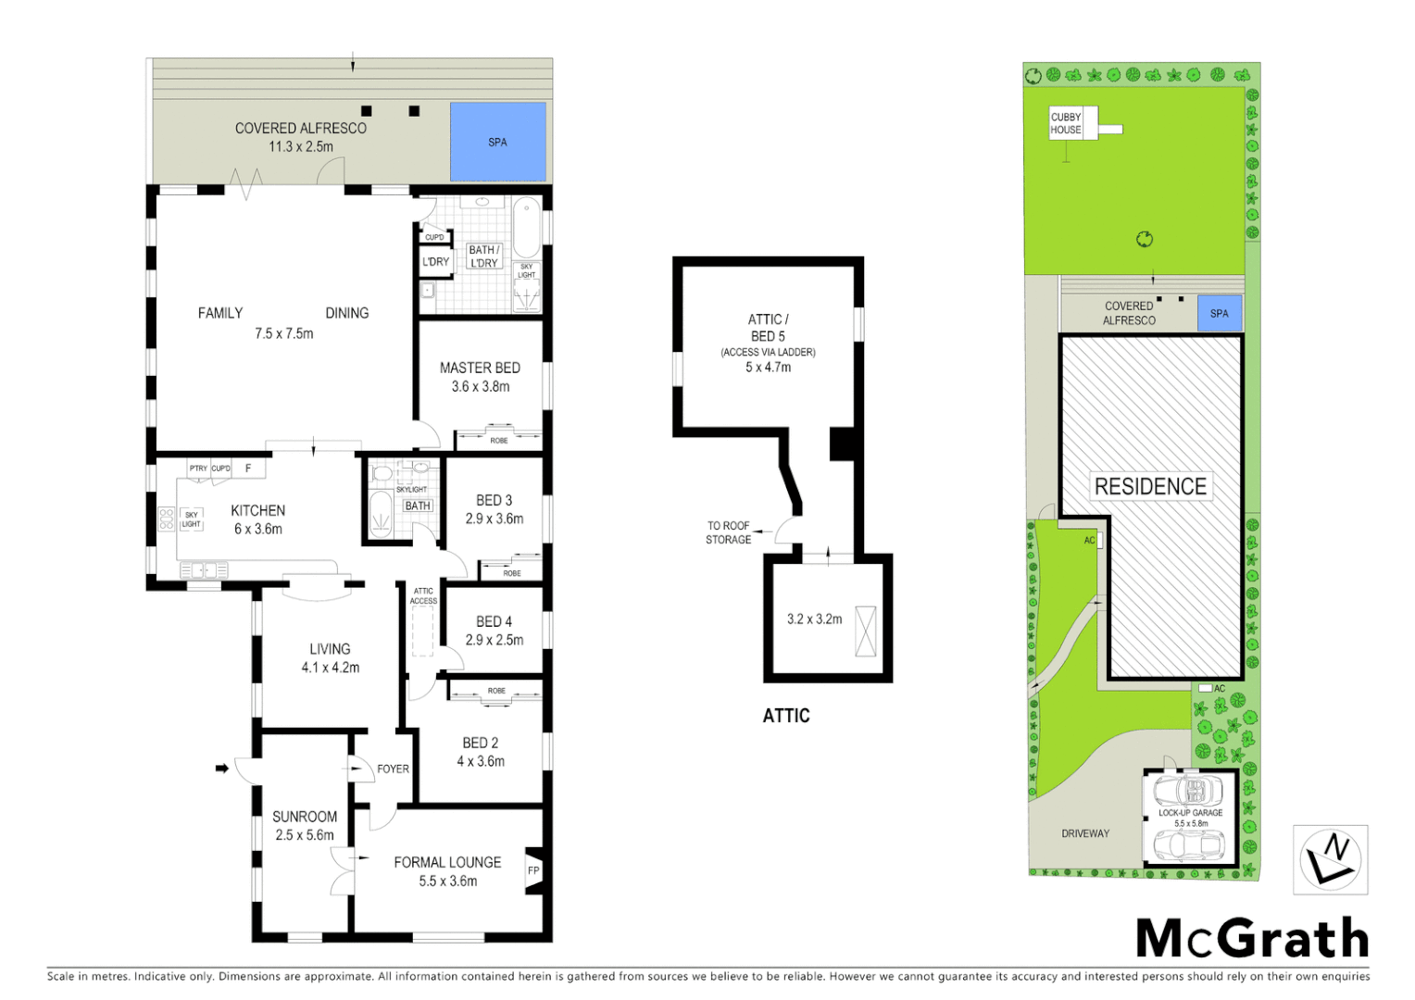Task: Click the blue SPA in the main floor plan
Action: point(497,142)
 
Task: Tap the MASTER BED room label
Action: point(480,368)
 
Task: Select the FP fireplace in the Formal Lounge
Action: point(533,870)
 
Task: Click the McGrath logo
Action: point(1252,939)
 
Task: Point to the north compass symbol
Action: point(1330,859)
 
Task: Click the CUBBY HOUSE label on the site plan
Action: point(1066,123)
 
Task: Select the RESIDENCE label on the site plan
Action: point(1150,486)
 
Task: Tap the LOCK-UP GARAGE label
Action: point(1190,813)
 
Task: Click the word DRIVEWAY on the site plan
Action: point(1085,833)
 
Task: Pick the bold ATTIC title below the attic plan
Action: point(786,716)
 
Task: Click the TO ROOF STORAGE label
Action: point(728,532)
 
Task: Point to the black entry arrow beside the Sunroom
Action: point(221,768)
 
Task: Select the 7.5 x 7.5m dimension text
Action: point(284,333)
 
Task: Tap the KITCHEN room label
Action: point(257,510)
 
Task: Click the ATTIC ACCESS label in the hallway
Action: point(423,595)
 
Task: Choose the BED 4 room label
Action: point(494,621)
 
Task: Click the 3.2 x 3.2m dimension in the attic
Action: point(814,619)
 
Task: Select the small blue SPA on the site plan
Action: point(1219,313)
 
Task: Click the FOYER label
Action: point(393,769)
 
